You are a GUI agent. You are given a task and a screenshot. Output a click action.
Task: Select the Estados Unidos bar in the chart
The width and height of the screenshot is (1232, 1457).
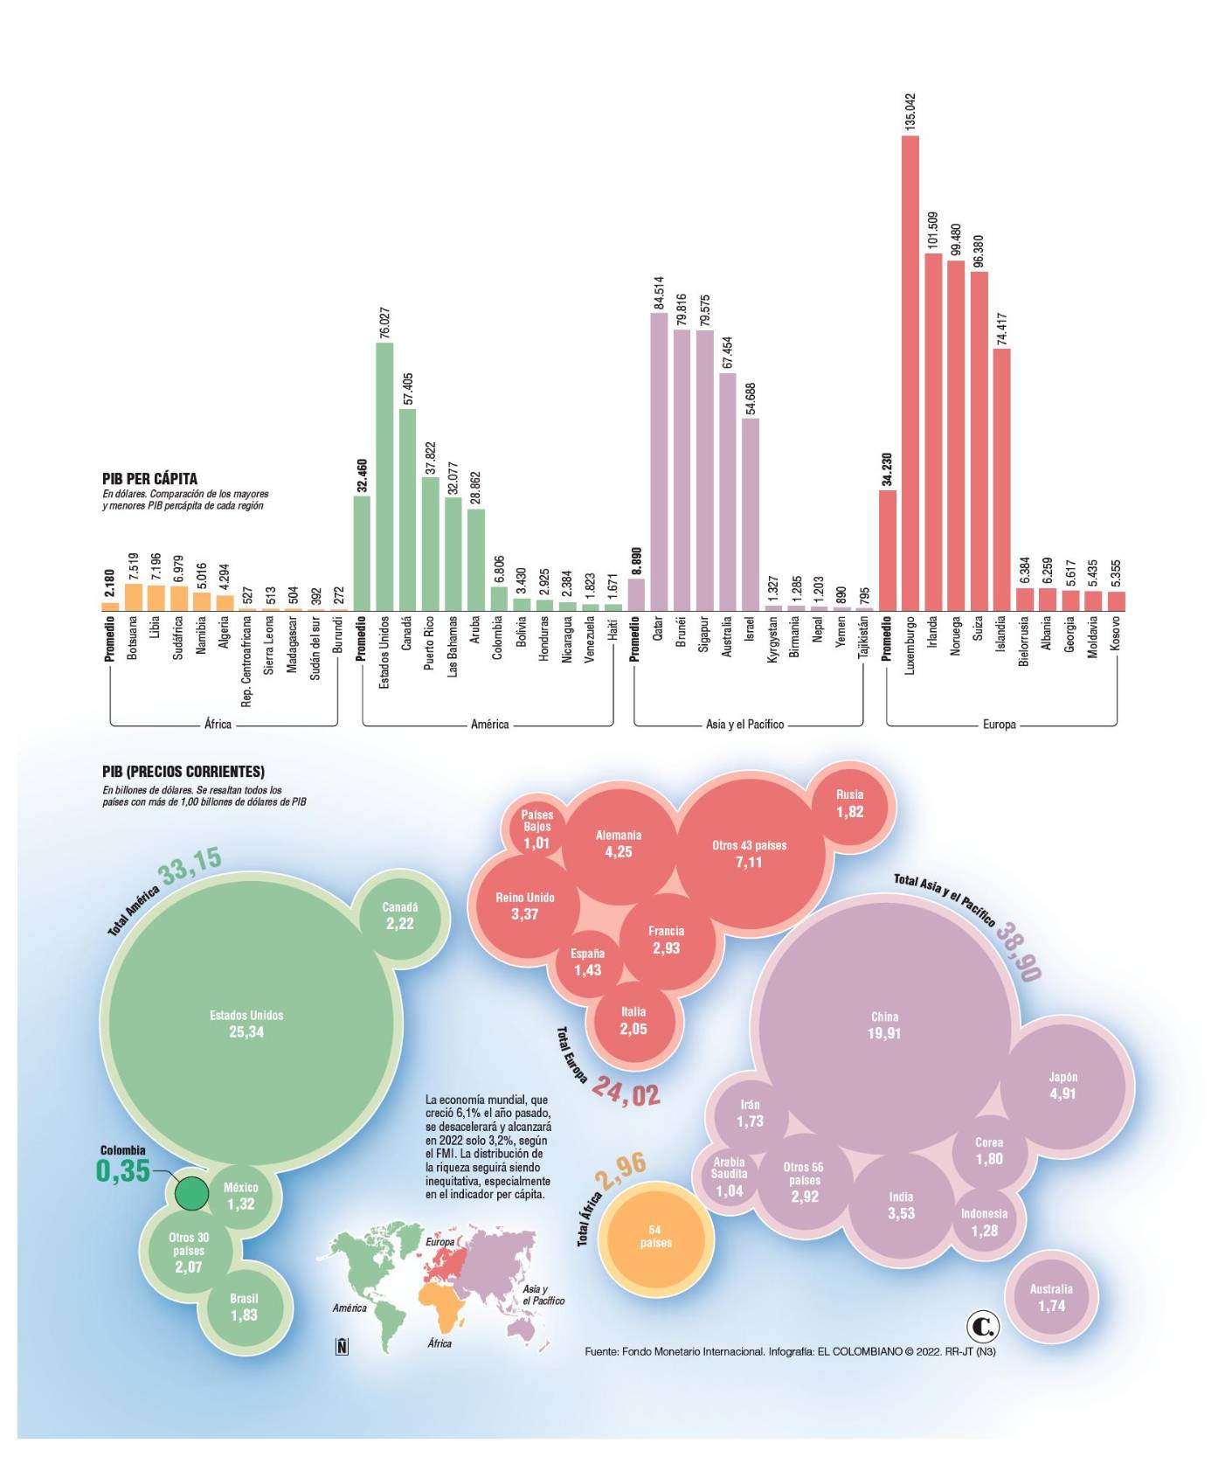(x=384, y=476)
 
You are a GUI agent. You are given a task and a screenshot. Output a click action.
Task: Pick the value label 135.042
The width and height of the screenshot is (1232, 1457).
(x=910, y=112)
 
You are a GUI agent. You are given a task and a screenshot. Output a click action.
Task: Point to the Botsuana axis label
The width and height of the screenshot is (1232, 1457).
(x=133, y=637)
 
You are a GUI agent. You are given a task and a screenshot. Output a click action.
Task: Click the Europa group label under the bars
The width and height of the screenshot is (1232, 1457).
(x=999, y=725)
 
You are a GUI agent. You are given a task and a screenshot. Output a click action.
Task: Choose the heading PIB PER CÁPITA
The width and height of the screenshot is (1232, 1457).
(x=149, y=479)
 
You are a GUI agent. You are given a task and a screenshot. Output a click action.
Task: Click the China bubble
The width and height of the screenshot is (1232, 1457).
(x=884, y=1025)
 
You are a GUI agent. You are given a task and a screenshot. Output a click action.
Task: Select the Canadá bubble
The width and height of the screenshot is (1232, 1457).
(x=400, y=915)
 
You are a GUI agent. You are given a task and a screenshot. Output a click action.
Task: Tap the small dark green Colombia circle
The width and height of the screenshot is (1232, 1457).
(x=191, y=1192)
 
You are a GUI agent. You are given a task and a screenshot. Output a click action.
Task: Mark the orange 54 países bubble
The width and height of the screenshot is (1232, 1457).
(x=655, y=1237)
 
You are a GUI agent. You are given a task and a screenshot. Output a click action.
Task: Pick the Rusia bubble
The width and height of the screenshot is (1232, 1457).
(x=849, y=803)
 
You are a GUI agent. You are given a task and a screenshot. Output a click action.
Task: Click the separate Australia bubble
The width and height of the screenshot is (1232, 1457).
(x=1051, y=1297)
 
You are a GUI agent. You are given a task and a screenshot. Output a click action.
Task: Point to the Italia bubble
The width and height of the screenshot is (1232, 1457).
(x=633, y=1021)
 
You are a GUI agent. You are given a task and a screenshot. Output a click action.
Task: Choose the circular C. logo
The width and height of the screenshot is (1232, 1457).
(x=983, y=1327)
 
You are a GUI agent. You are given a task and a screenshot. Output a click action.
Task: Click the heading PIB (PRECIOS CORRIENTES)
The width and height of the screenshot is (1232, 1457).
(x=183, y=772)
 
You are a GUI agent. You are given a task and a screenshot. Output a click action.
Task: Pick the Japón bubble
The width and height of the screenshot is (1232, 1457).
(x=1062, y=1086)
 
